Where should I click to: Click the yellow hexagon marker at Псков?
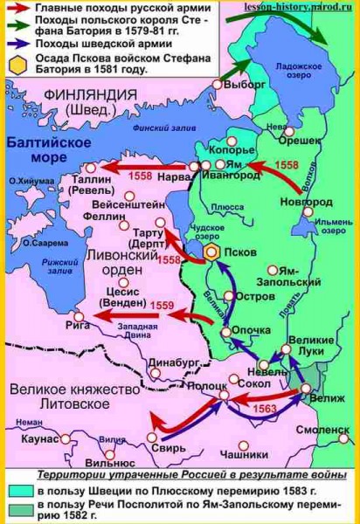[212, 252]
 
